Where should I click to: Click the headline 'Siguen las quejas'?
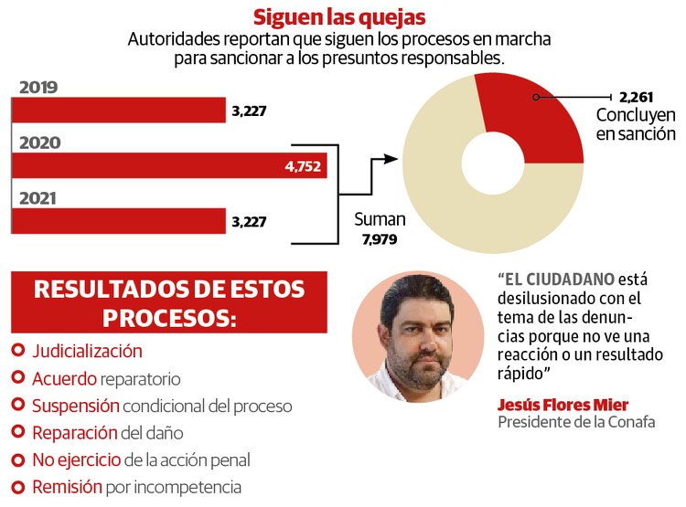click(x=338, y=17)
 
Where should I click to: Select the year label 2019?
click(x=38, y=88)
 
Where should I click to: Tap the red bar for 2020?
click(x=169, y=165)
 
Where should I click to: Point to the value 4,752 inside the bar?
click(x=304, y=166)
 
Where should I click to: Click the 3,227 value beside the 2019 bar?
click(x=250, y=111)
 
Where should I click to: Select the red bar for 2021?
click(x=119, y=221)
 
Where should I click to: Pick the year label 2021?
click(x=38, y=197)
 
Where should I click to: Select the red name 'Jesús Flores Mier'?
click(x=563, y=405)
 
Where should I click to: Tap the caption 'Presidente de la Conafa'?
click(x=576, y=423)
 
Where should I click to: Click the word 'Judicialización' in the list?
click(x=87, y=351)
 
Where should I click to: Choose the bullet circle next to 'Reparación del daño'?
click(x=18, y=433)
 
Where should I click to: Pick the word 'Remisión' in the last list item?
click(x=67, y=487)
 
